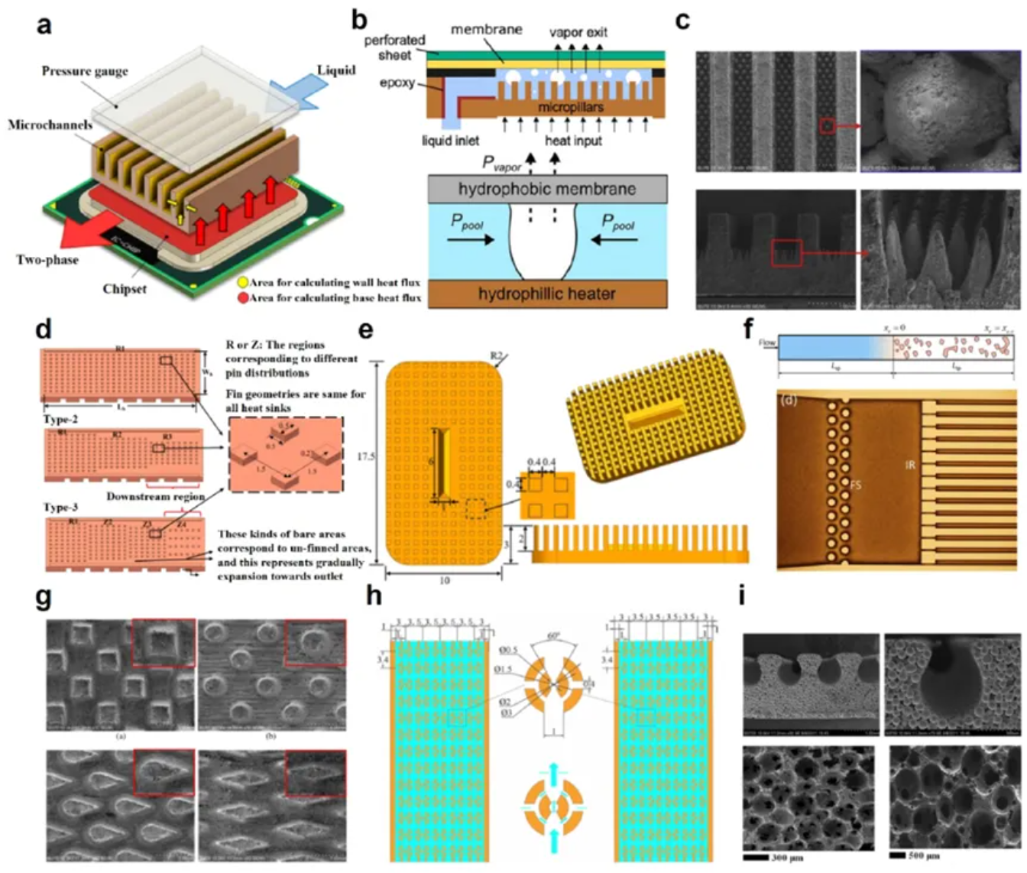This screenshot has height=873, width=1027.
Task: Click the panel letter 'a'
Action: pyautogui.click(x=45, y=24)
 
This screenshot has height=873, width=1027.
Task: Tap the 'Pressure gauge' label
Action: pyautogui.click(x=84, y=71)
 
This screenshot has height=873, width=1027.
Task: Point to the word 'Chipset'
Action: pyautogui.click(x=125, y=289)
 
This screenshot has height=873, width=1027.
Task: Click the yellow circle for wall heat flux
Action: pyautogui.click(x=243, y=283)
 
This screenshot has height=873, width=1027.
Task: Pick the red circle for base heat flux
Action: pyautogui.click(x=243, y=297)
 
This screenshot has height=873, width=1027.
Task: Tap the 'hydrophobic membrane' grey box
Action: pyautogui.click(x=546, y=189)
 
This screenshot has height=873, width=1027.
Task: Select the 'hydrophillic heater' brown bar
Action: pyautogui.click(x=546, y=294)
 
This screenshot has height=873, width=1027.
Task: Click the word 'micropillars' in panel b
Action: pyautogui.click(x=570, y=107)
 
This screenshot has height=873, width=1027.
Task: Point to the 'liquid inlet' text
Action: pyautogui.click(x=450, y=141)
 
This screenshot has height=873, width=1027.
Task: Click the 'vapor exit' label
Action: pyautogui.click(x=578, y=32)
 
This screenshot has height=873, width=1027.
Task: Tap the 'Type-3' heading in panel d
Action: pyautogui.click(x=60, y=508)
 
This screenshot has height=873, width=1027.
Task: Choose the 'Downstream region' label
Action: pyautogui.click(x=155, y=496)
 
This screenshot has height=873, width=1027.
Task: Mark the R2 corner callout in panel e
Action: pyautogui.click(x=498, y=355)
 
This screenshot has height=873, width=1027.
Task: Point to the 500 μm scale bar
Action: pyautogui.click(x=896, y=855)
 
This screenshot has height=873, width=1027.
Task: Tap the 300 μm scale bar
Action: pyautogui.click(x=755, y=857)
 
